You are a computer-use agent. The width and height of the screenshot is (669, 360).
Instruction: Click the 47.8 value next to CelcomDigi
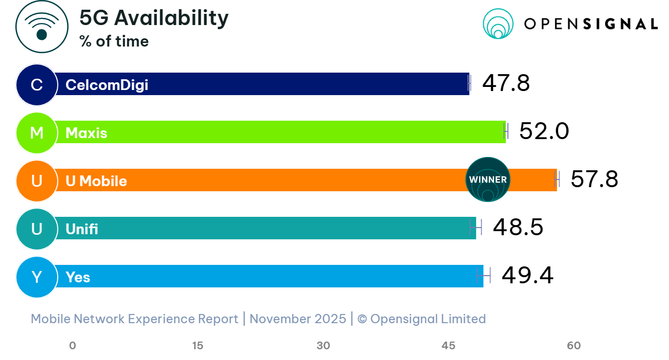click(505, 83)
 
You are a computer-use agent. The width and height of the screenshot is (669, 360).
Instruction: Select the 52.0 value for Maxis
click(544, 131)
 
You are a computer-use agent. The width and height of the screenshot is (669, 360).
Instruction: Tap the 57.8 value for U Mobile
click(594, 179)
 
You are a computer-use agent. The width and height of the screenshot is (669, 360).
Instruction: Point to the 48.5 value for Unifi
click(517, 228)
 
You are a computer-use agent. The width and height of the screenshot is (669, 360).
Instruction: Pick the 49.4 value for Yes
click(527, 276)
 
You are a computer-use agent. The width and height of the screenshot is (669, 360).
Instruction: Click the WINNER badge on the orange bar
click(488, 179)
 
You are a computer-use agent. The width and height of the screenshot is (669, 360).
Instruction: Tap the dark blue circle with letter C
click(36, 84)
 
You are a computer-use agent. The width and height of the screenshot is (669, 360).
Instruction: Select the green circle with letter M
click(36, 132)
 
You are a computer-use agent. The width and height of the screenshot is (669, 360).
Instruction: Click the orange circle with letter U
click(36, 181)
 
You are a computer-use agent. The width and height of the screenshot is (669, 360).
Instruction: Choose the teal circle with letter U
click(36, 229)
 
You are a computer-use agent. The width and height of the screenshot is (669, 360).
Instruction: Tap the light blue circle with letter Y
click(36, 277)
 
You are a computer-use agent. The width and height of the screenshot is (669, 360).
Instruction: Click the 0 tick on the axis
click(73, 346)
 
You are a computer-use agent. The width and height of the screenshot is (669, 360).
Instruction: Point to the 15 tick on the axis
click(198, 346)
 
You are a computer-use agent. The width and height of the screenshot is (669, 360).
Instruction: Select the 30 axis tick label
click(323, 346)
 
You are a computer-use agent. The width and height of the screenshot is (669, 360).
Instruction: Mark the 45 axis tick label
click(449, 346)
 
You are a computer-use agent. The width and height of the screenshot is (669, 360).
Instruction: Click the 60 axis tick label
click(574, 346)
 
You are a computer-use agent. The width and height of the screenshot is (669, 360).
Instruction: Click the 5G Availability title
click(154, 18)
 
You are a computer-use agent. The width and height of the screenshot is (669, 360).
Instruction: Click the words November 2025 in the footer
click(298, 319)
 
